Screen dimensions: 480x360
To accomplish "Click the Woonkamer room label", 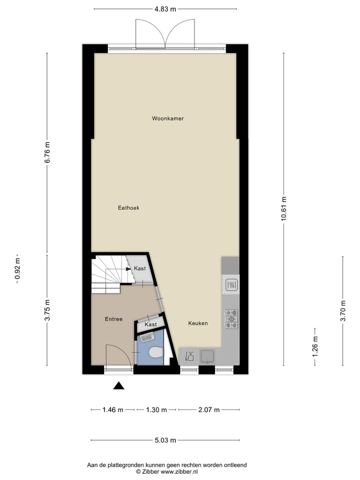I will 168,118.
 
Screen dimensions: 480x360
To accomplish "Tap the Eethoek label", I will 128,207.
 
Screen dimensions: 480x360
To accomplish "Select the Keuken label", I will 197,323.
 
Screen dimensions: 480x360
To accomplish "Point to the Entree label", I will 113,319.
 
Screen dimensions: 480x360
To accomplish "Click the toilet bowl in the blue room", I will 156,352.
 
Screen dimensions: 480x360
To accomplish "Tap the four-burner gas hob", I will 231,318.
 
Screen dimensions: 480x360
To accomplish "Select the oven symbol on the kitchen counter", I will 231,284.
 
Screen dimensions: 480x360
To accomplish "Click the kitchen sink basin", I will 207,356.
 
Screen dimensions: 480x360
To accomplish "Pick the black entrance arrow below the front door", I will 118,385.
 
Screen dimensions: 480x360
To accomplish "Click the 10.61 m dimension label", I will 284,207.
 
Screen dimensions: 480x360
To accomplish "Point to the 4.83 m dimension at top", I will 165,9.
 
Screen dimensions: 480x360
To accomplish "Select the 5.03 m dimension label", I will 166,440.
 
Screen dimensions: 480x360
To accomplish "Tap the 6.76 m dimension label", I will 47,152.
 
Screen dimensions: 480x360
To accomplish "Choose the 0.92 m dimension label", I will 18,268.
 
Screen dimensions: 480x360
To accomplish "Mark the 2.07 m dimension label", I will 208,410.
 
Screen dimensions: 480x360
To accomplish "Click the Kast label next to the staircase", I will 139,269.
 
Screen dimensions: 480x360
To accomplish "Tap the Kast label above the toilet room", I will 150,324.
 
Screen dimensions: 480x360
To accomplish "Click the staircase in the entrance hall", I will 107,275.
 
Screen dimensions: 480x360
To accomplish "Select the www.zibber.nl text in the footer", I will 179,471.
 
